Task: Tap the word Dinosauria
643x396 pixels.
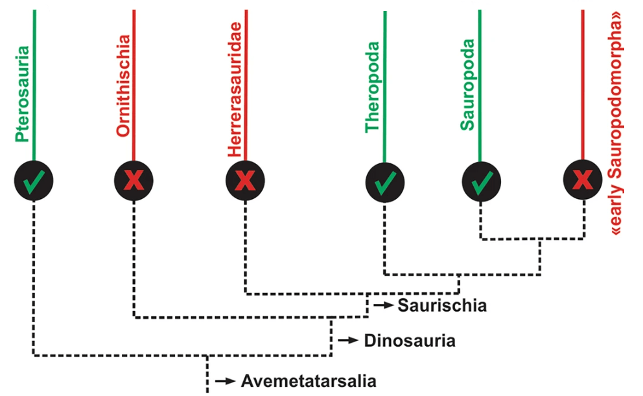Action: pos(409,340)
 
